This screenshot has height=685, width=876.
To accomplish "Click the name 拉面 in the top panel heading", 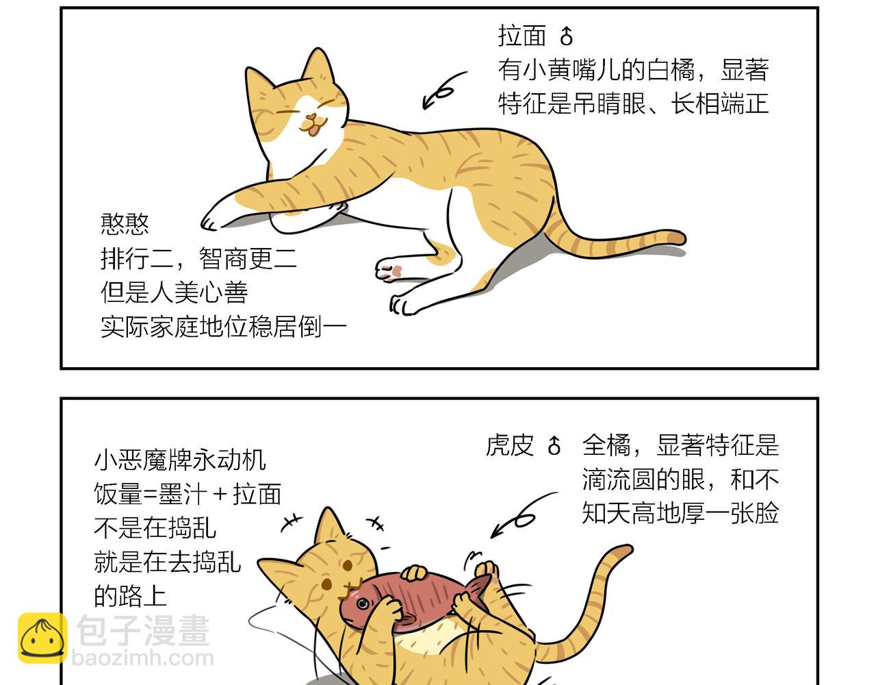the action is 522,36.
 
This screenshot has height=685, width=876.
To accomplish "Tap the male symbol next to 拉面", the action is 566,36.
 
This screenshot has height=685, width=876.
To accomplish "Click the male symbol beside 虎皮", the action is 554,445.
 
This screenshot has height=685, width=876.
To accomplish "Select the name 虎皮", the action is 510,445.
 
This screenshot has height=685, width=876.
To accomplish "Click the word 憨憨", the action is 125,224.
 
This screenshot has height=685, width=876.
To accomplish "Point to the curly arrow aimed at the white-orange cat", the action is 443,91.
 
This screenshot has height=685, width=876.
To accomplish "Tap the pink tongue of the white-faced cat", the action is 313,131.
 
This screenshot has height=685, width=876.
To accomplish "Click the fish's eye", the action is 363,603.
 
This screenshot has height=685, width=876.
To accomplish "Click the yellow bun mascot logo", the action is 42,638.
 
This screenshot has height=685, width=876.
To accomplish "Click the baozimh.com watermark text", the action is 143,658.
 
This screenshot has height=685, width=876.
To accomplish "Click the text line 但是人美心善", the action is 174,292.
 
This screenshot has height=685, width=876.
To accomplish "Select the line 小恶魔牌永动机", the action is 180,460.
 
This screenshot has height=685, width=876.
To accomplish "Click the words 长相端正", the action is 721,103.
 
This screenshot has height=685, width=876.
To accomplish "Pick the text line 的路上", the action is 131,596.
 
